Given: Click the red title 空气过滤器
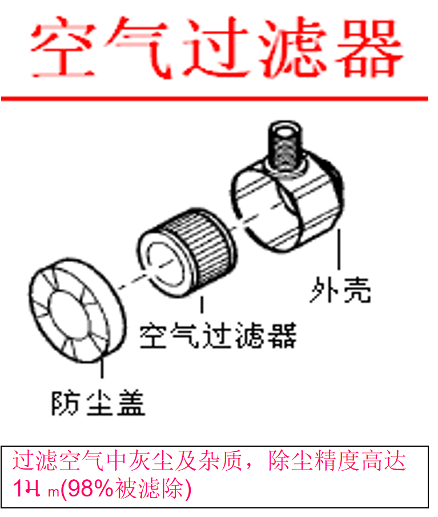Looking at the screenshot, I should point(217,49).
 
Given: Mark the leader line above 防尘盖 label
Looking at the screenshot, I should point(102,369).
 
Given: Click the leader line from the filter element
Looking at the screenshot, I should point(202,306).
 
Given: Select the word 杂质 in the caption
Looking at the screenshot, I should point(225,462).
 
